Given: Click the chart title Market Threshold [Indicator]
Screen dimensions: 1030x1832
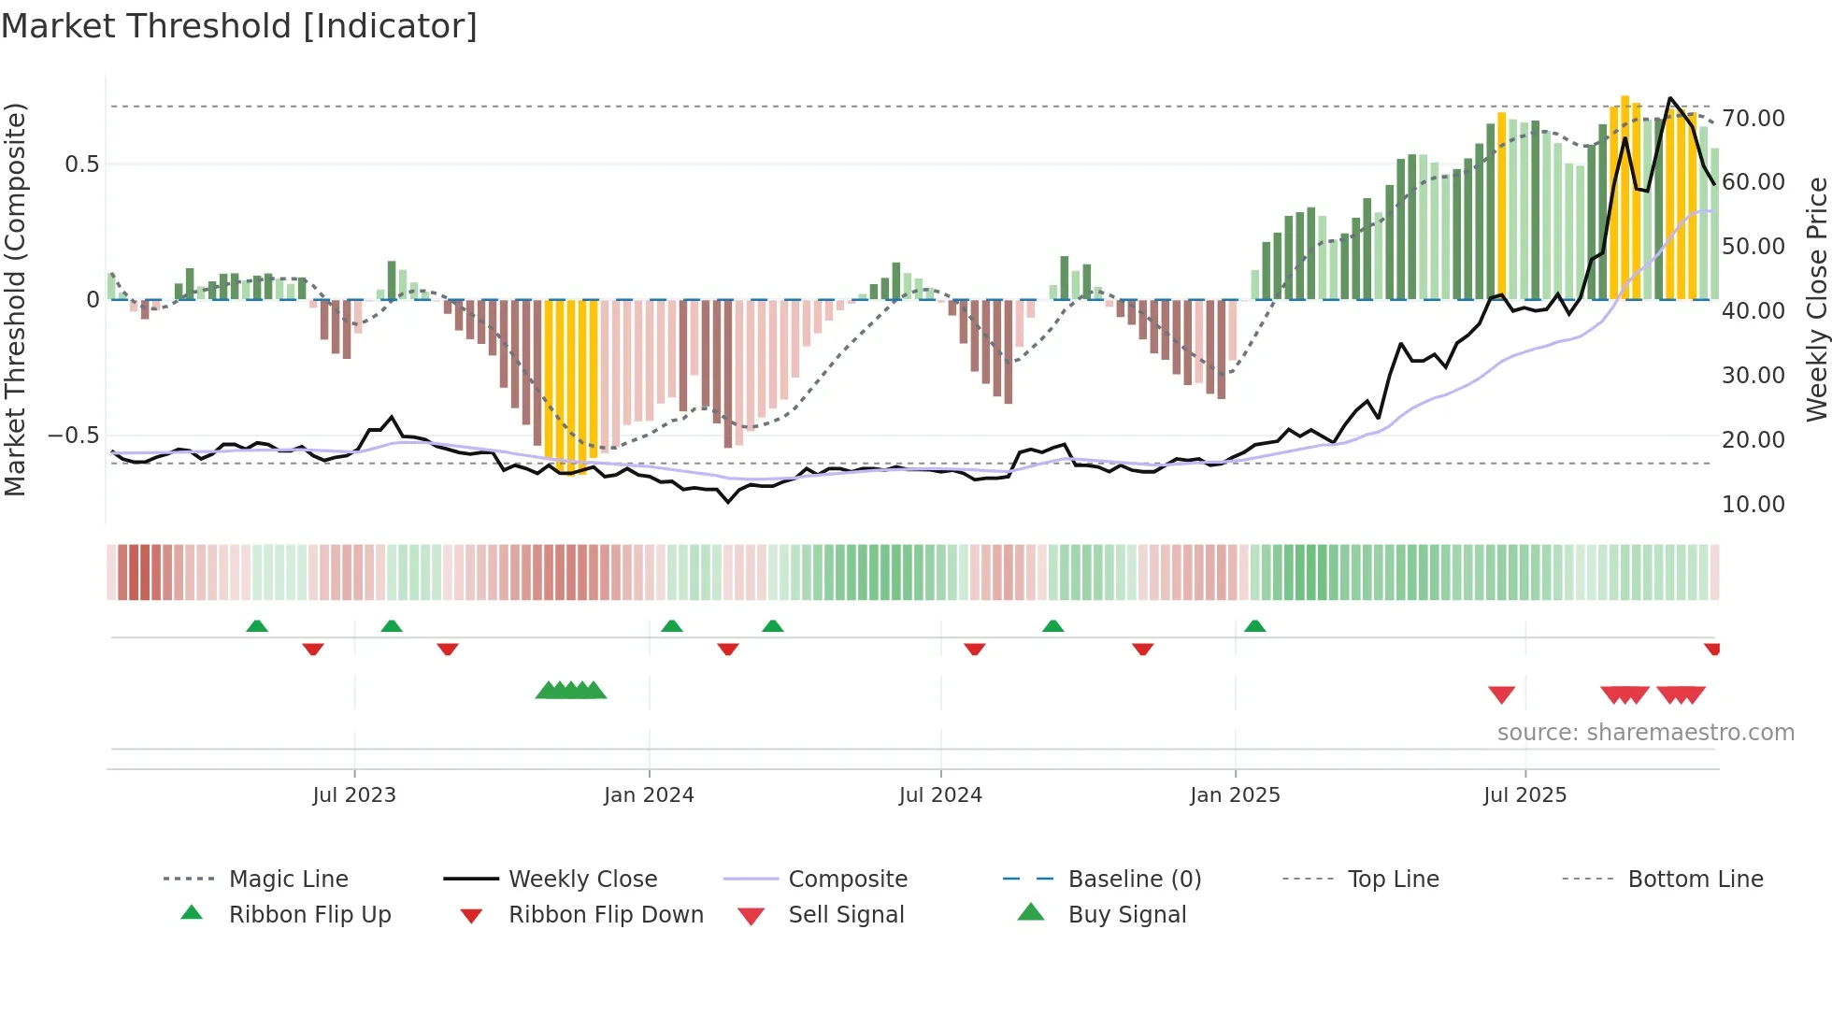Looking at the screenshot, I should pos(239,26).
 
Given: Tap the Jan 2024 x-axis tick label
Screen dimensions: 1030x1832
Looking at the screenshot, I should pos(649,795).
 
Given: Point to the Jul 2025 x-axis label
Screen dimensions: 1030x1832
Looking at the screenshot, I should pos(1524,795).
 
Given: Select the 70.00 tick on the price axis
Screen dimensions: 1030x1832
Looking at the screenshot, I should pos(1753,119).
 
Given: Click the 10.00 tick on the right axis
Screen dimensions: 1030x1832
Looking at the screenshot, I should pos(1753,505).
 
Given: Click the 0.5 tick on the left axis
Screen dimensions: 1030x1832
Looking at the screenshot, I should pos(81,165).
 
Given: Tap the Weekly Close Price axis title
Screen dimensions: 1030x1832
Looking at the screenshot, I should pos(1816,299).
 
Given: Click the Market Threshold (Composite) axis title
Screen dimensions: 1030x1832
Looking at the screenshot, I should pos(15,299).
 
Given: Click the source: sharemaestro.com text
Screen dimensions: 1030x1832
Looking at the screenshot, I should pos(1645,733).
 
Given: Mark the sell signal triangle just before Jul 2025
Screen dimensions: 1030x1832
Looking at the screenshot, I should pos(1501,694).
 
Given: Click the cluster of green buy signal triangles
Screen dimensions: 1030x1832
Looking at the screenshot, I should pos(571,691).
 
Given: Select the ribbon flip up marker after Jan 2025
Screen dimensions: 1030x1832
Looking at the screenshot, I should pos(1254,626).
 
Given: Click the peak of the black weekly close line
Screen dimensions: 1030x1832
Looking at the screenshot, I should pos(1670,98).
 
